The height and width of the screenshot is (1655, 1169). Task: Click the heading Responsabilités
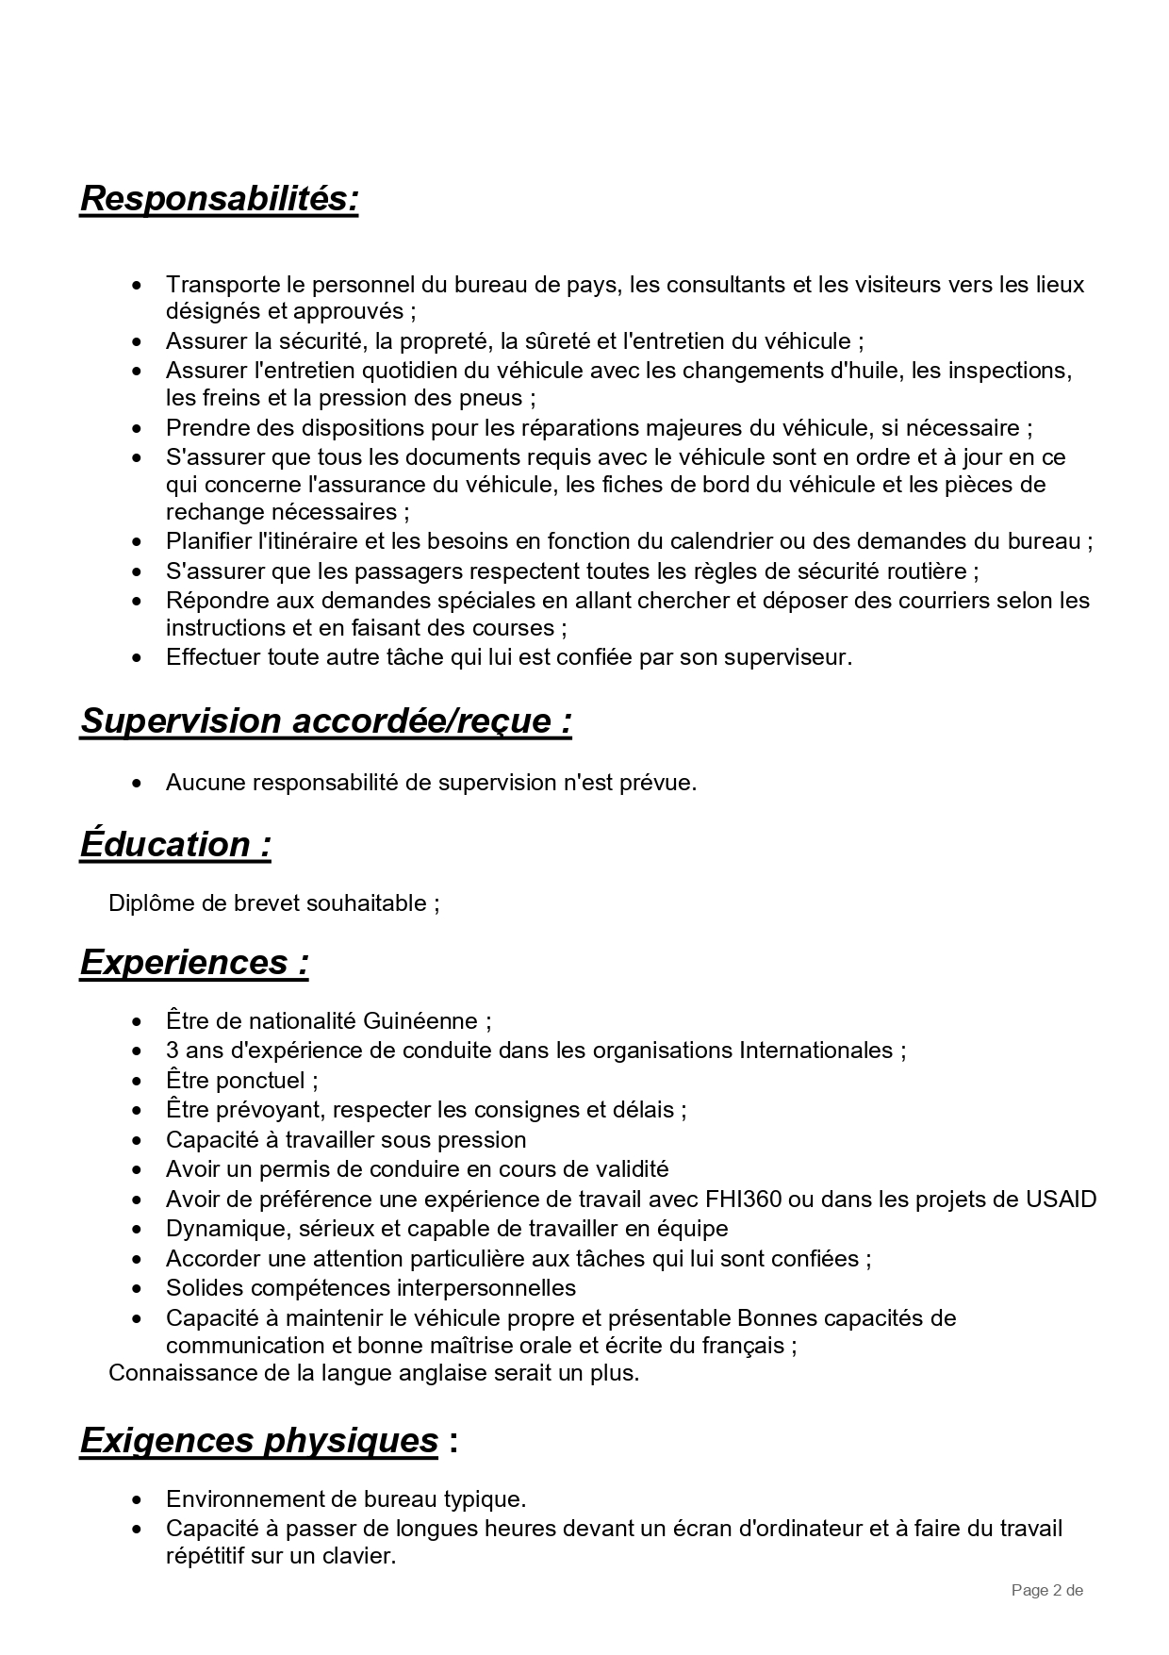(219, 199)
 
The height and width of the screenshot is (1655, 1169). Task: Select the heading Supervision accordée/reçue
(325, 720)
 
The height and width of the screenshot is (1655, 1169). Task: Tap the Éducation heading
(175, 844)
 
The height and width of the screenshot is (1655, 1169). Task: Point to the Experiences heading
(194, 962)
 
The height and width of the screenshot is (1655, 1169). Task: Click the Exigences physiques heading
(259, 1440)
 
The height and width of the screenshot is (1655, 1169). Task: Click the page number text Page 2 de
(1046, 1591)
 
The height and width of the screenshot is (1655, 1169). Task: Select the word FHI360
(743, 1200)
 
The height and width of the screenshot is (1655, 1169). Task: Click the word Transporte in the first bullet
(222, 284)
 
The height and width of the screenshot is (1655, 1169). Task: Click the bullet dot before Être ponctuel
(139, 1081)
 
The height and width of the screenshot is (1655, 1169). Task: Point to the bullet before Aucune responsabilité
(139, 783)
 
